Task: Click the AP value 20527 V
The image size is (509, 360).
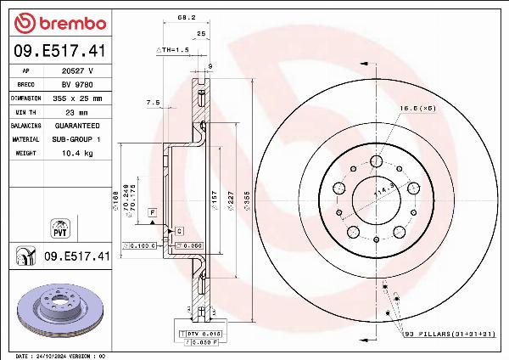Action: pyautogui.click(x=77, y=72)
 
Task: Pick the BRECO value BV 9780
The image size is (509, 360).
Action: pyautogui.click(x=77, y=85)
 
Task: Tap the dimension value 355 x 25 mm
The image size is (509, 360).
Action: pyautogui.click(x=77, y=98)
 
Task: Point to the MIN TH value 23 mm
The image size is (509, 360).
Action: pyautogui.click(x=77, y=111)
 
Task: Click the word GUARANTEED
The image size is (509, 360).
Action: pyautogui.click(x=77, y=125)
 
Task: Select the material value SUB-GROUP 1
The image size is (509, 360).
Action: pyautogui.click(x=77, y=138)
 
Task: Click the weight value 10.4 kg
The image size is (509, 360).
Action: pyautogui.click(x=77, y=152)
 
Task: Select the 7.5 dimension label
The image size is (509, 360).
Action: pyautogui.click(x=153, y=102)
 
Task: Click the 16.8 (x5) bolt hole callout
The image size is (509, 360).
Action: pyautogui.click(x=417, y=109)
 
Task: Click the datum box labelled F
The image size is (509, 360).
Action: pyautogui.click(x=153, y=211)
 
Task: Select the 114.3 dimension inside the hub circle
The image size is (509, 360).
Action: pyautogui.click(x=386, y=194)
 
